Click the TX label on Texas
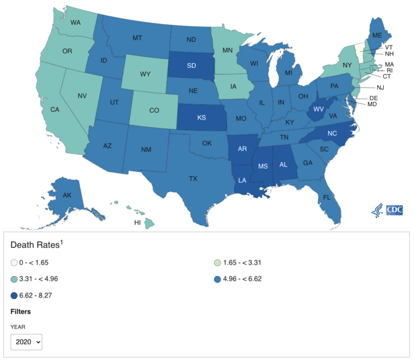point(192,178)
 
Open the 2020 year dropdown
point(26,342)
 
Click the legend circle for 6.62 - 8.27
point(13,295)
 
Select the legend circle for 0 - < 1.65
point(13,262)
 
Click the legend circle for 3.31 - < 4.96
point(13,279)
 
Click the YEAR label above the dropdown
point(18,326)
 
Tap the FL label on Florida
point(327,197)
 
